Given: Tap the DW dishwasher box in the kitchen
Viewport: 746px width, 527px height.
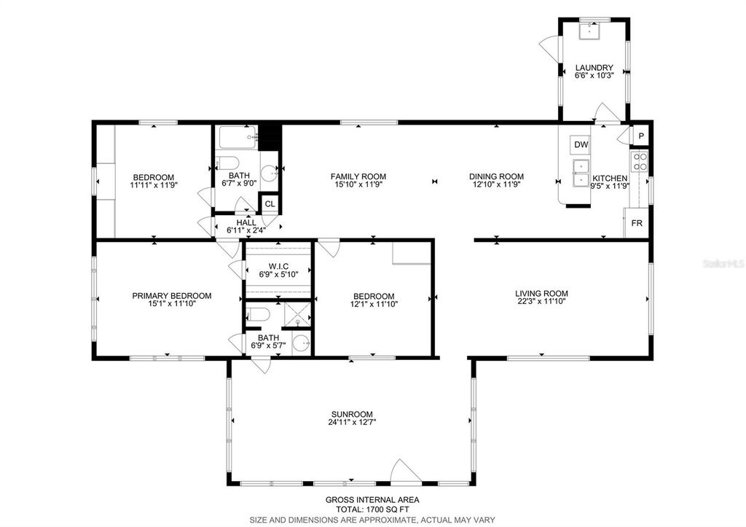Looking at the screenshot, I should click(x=581, y=144).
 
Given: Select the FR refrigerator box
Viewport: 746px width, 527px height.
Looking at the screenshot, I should click(x=636, y=223).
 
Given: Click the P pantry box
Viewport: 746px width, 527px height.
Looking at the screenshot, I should click(x=641, y=136).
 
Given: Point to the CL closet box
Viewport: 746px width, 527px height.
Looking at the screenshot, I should click(x=270, y=204).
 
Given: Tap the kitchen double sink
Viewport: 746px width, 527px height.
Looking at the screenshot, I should click(x=581, y=176).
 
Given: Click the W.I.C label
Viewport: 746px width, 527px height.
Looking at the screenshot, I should click(x=278, y=266).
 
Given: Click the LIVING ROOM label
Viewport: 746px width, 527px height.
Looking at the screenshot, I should click(x=541, y=292).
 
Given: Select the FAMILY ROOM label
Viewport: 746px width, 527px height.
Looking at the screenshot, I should click(x=358, y=176).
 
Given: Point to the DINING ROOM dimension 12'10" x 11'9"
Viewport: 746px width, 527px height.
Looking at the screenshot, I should click(x=496, y=185).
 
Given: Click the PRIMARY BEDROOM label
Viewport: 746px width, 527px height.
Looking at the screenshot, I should click(x=171, y=295).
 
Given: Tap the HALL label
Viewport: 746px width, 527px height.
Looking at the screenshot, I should click(x=246, y=222).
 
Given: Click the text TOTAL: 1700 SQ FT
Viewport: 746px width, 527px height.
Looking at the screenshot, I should click(x=372, y=510).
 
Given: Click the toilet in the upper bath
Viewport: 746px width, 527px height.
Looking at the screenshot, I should click(x=229, y=163).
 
